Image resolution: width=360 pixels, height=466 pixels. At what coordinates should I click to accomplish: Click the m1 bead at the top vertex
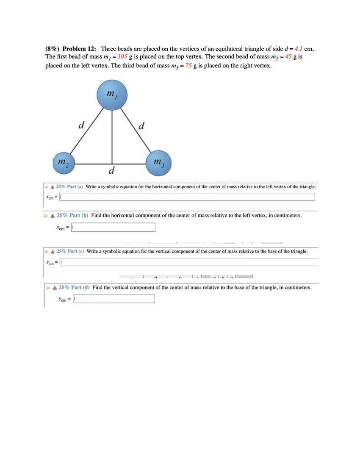pyautogui.click(x=112, y=94)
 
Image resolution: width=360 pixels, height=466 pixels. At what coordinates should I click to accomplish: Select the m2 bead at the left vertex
pyautogui.click(x=64, y=163)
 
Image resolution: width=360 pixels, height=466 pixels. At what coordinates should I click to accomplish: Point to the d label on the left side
pyautogui.click(x=81, y=125)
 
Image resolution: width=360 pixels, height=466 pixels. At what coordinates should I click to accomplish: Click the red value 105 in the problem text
pyautogui.click(x=123, y=57)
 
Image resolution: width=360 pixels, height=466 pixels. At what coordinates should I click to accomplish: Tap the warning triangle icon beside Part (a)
pyautogui.click(x=52, y=187)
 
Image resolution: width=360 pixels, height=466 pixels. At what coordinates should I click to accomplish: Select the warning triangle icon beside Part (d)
pyautogui.click(x=54, y=288)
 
